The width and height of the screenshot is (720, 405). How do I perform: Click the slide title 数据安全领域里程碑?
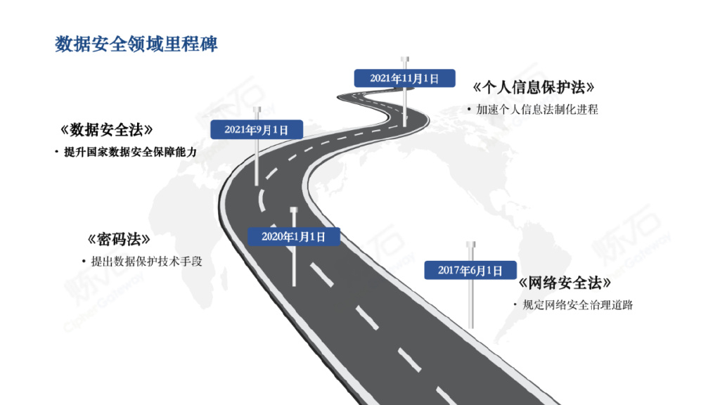point(136,44)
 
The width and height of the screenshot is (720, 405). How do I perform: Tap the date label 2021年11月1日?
point(404,78)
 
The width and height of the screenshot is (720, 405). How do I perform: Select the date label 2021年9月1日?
point(257,129)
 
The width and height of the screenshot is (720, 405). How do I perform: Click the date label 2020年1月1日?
point(293,236)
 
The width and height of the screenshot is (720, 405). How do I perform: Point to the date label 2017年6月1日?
point(470,270)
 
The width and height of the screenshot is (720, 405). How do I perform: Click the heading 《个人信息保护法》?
point(534,88)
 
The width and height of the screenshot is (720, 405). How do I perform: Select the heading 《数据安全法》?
point(107,130)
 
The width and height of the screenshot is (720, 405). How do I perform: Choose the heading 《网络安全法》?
point(564,283)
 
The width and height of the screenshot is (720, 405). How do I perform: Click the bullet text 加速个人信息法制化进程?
point(536,110)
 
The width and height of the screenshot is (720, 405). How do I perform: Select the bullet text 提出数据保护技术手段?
point(146,261)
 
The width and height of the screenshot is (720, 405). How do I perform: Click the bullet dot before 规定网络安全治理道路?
point(515,305)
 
